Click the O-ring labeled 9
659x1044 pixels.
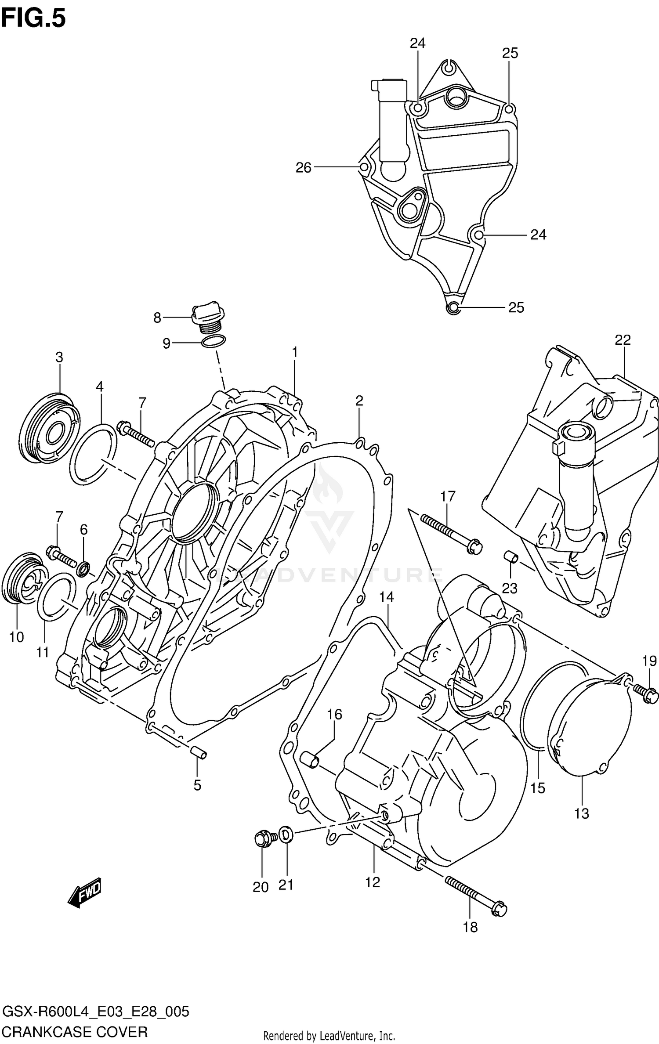point(214,341)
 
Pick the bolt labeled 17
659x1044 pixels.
point(451,533)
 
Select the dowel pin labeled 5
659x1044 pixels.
point(198,752)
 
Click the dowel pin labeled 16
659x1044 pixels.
point(310,759)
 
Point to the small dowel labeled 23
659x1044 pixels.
point(511,557)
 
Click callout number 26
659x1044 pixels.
point(303,167)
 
